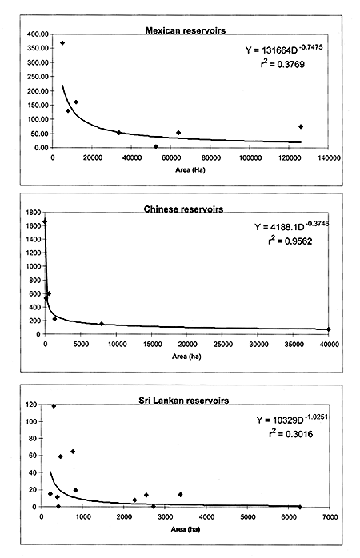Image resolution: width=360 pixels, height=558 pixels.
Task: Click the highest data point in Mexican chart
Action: [x=62, y=43]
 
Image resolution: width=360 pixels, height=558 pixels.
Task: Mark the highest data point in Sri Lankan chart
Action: [x=54, y=406]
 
